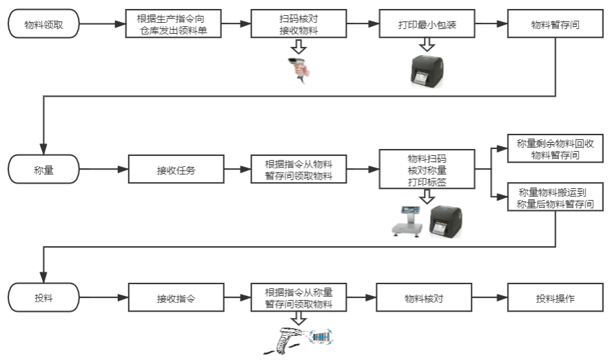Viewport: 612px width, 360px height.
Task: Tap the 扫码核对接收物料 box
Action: click(298, 24)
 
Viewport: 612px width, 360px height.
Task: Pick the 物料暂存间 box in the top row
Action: click(555, 24)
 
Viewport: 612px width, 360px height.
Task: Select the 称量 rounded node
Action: click(43, 169)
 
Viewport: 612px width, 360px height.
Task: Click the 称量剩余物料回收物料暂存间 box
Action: click(555, 148)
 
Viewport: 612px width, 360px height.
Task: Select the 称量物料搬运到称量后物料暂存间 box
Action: click(555, 197)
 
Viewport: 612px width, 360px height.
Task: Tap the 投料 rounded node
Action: click(43, 299)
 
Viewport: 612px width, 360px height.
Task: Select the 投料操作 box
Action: click(555, 299)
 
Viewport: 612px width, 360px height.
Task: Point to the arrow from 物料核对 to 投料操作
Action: click(489, 299)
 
